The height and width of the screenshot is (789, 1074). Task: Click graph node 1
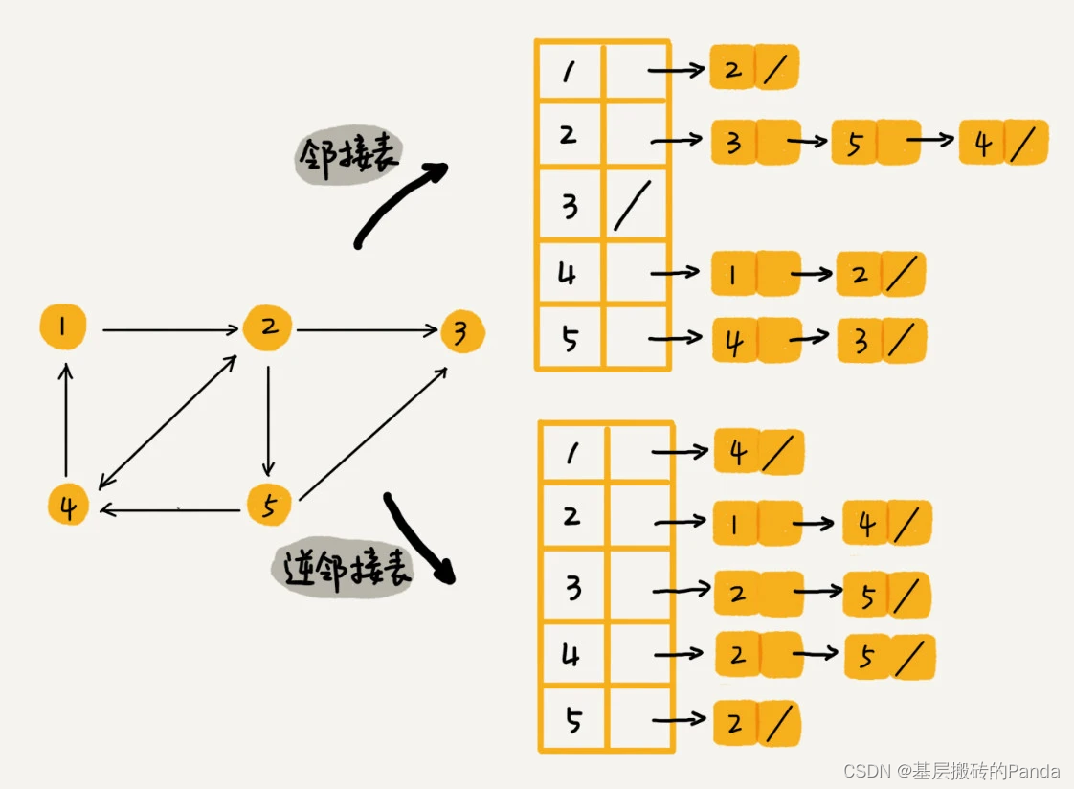63,328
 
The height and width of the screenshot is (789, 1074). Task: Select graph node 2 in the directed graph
268,328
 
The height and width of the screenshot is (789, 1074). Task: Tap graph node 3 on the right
462,332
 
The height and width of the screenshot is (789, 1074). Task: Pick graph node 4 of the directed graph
68,506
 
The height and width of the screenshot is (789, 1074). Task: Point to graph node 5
269,505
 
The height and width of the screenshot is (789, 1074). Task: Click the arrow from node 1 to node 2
170,330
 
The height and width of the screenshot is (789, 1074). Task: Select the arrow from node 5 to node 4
169,510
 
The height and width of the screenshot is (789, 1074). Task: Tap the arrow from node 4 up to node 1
65,418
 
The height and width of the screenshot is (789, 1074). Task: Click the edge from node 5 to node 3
372,433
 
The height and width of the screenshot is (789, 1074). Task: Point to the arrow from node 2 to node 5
269,418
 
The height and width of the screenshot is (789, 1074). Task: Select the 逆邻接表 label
342,569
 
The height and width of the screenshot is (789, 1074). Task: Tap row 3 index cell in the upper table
571,205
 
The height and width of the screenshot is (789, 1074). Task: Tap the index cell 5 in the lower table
573,719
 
